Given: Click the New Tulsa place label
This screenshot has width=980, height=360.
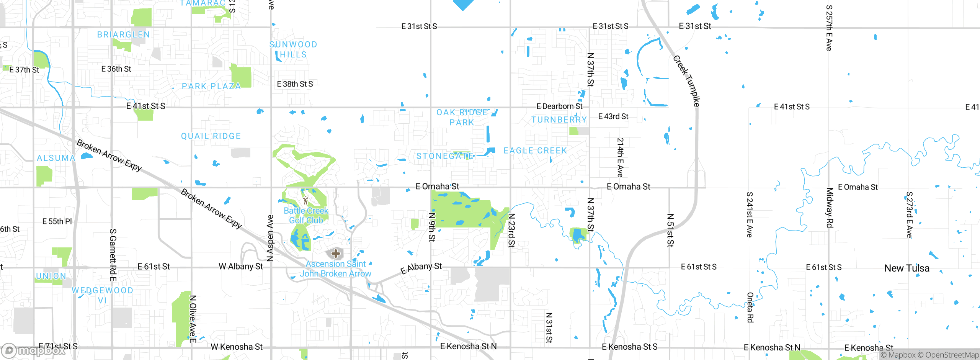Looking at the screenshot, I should [x=906, y=268].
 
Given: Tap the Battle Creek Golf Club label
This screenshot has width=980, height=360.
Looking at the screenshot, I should [x=306, y=215].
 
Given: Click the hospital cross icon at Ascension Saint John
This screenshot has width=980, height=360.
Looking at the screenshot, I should [x=335, y=253].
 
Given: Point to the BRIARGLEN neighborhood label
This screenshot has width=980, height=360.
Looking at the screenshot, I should [x=123, y=34].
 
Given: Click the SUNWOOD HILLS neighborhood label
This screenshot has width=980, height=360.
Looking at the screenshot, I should [x=293, y=49].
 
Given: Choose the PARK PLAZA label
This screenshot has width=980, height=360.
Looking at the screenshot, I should [x=211, y=86].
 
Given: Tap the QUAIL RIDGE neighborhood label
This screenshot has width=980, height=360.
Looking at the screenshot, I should [x=211, y=136].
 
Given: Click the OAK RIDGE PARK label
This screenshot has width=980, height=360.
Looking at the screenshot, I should [x=462, y=117].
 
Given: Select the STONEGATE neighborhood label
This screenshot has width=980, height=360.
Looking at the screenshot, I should [x=445, y=156].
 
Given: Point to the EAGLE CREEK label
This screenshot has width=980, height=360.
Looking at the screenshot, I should [x=535, y=151].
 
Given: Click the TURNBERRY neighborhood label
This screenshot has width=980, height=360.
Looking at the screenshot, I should [x=559, y=119].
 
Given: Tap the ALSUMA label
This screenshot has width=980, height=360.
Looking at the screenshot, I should [x=56, y=158].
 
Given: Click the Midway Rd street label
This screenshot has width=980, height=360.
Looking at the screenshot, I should [x=830, y=207].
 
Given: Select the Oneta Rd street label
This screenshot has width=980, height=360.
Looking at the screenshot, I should [x=750, y=307].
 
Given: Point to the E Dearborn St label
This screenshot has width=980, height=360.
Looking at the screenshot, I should [x=559, y=106].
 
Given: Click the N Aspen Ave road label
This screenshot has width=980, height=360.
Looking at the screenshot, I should [x=270, y=238].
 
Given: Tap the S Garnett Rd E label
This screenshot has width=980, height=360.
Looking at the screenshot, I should [x=113, y=255].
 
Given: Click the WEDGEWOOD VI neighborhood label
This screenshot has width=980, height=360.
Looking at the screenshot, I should [x=102, y=295].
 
